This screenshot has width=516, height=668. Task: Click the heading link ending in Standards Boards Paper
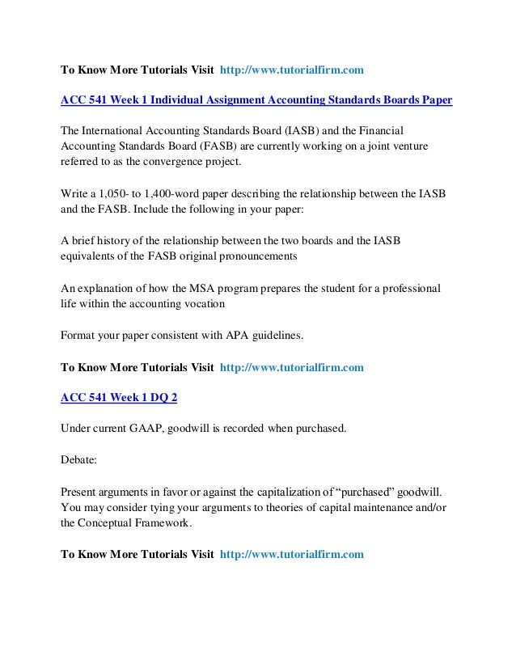[256, 100]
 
